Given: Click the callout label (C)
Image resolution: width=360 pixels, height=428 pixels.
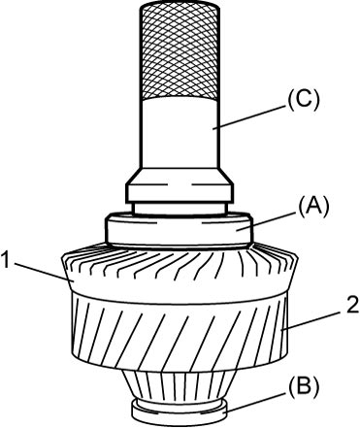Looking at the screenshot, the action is (304, 100).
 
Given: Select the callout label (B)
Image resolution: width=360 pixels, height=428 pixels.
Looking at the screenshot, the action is (304, 386).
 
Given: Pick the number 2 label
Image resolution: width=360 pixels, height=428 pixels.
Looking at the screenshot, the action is (353, 305).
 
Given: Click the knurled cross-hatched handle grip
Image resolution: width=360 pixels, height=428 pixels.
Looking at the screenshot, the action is (180, 50).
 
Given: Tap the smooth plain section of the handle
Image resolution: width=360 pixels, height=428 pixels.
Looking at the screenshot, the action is (180, 133).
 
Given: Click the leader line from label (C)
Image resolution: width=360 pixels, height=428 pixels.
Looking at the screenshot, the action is (250, 116).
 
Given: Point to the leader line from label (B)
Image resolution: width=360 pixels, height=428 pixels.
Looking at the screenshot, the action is (256, 402).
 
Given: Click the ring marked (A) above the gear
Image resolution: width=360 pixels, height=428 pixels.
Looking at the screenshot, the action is (179, 230).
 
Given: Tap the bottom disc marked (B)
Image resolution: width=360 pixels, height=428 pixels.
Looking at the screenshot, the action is (180, 412).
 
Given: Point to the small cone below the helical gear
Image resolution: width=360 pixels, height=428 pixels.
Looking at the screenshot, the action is (180, 386).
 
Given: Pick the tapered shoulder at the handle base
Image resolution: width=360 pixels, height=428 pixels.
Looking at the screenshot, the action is (180, 177).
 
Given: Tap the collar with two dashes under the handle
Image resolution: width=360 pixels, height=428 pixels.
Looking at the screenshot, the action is (180, 193).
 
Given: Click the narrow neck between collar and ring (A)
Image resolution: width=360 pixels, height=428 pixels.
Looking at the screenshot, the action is (179, 209).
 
